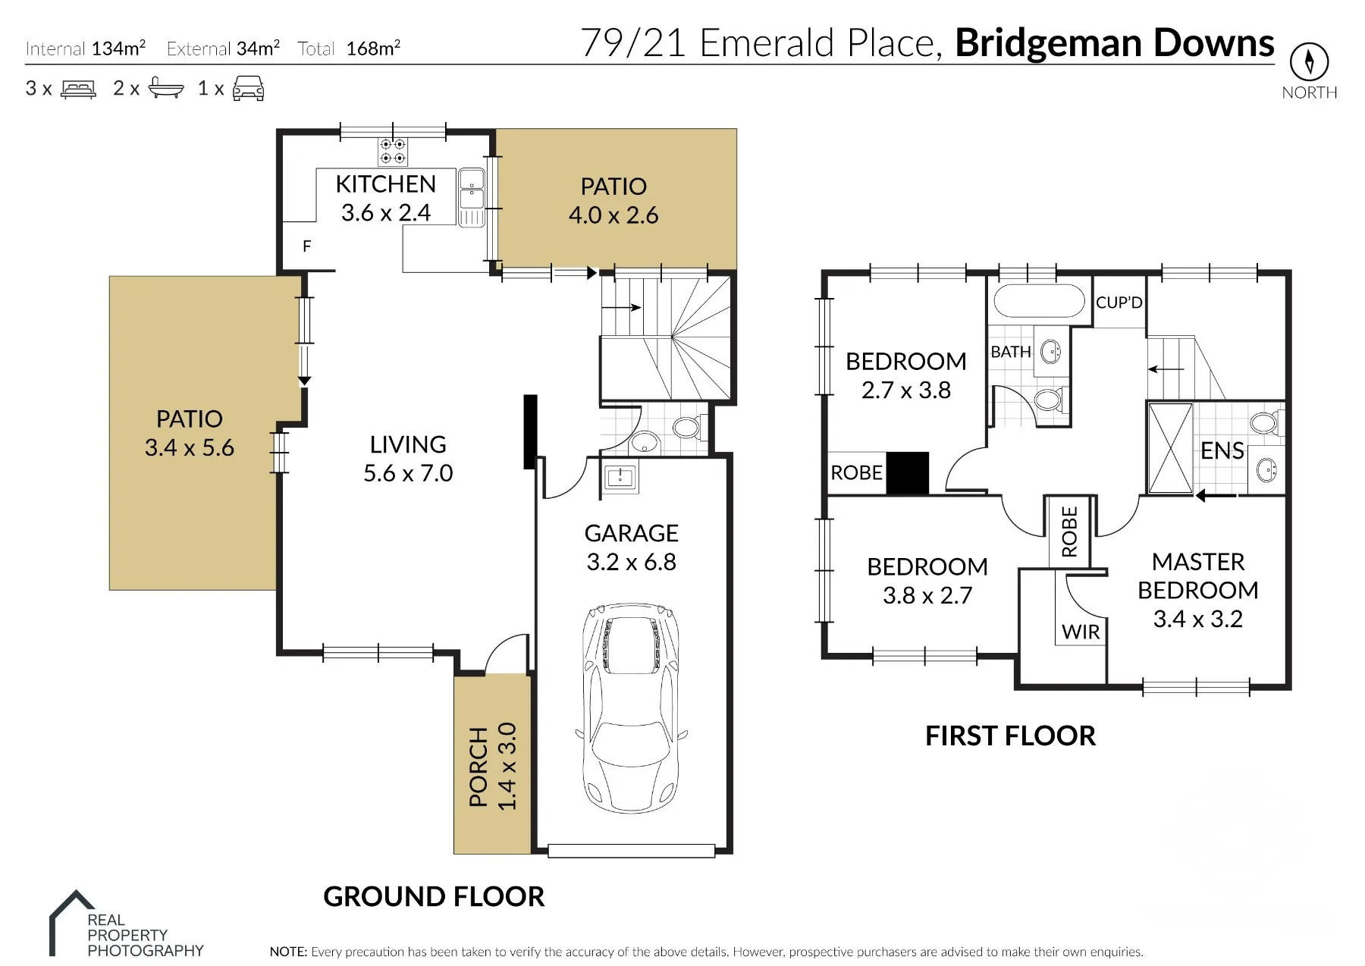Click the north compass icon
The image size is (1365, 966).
[1310, 61]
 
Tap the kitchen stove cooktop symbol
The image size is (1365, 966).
[393, 151]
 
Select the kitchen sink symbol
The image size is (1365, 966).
[471, 196]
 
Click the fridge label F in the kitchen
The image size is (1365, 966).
[306, 246]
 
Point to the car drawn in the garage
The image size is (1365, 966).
[631, 708]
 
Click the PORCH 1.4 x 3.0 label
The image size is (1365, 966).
[492, 766]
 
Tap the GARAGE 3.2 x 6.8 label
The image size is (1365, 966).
[632, 547]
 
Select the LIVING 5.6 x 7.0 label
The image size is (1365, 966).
[408, 458]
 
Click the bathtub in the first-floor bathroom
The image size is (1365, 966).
[1039, 301]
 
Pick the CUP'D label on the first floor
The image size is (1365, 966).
[1119, 303]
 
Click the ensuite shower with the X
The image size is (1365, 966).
[1170, 449]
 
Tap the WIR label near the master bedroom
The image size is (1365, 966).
[1081, 632]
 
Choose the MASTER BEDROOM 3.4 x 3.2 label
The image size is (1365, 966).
[1198, 590]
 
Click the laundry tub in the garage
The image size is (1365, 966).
[620, 477]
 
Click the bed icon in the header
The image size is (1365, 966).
[78, 89]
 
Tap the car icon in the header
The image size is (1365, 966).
[248, 88]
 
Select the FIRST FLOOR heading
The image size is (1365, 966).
[1010, 735]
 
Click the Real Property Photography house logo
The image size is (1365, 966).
[72, 921]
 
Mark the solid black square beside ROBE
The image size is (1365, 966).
[908, 473]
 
